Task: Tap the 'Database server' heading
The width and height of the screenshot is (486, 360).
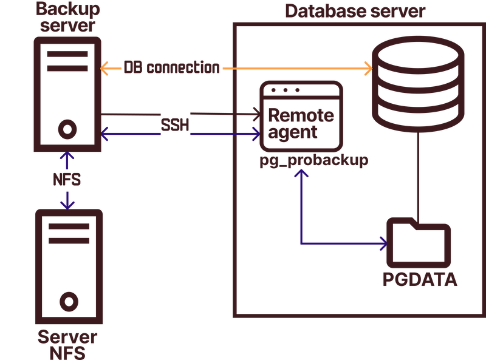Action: pos(355,11)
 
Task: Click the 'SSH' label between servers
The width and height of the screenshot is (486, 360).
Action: pos(175,124)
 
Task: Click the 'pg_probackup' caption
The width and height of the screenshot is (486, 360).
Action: pos(314,161)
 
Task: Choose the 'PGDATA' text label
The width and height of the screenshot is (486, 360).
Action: pos(419,279)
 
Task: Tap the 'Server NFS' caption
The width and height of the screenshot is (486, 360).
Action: pos(67,344)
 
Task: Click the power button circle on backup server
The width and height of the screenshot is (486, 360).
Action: pos(67,129)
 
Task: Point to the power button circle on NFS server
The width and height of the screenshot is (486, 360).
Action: pos(68,302)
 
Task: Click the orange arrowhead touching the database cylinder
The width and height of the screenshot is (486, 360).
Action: pos(367,69)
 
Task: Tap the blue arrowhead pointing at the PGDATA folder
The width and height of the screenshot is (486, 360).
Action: pos(383,244)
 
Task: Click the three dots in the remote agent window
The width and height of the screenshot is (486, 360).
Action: pos(286,90)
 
